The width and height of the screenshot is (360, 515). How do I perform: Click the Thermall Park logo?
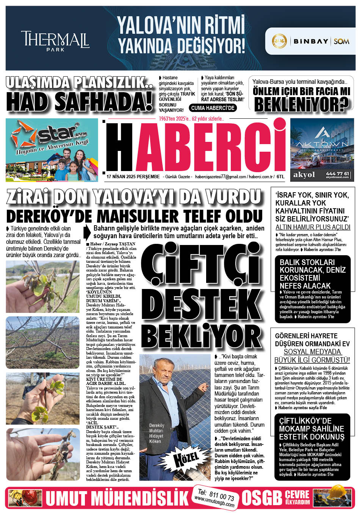point(55,40)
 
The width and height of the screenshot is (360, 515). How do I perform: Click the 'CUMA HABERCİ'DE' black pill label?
point(213,108)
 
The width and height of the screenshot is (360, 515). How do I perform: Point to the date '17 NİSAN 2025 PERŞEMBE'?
point(133,177)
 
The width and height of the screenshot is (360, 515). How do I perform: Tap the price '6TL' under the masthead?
point(280,177)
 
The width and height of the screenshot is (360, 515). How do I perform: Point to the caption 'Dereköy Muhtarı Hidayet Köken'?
point(157,433)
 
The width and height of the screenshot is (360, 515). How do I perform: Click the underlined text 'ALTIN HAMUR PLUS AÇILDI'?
point(313,227)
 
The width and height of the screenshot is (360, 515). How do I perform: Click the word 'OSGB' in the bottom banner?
point(262,498)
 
